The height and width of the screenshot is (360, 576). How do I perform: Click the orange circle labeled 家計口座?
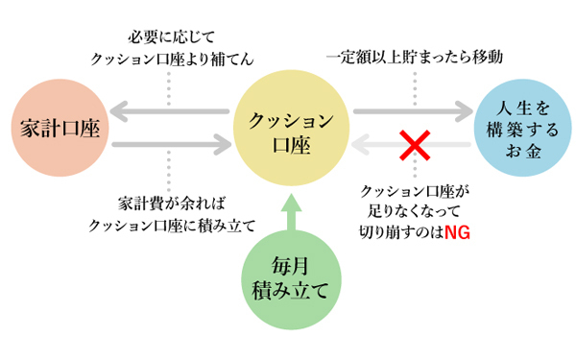pos(57,129)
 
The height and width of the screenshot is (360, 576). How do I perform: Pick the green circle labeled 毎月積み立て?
pos(290,276)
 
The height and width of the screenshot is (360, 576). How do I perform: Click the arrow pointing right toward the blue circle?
pos(414,113)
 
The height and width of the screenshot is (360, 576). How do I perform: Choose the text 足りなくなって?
pos(410,212)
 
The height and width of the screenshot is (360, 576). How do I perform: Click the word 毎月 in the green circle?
pos(290,264)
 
